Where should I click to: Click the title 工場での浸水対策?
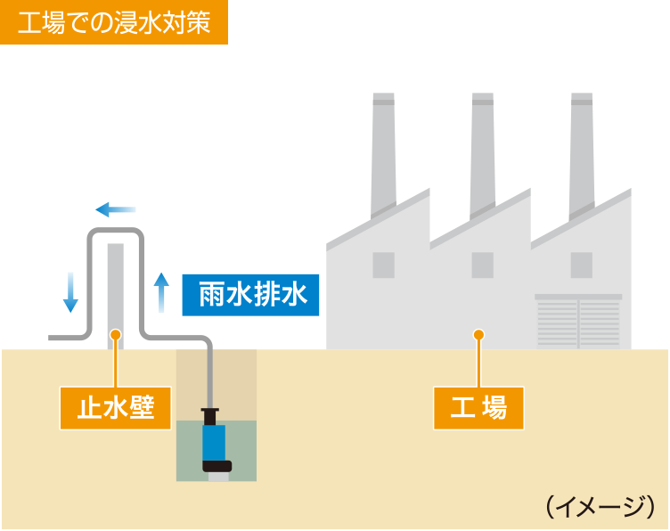click(x=114, y=22)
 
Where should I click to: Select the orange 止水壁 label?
click(x=116, y=407)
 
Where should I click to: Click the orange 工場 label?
click(x=478, y=407)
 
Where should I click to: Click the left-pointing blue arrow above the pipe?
click(x=115, y=210)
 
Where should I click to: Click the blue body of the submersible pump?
click(x=214, y=442)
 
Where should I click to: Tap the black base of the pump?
click(x=217, y=465)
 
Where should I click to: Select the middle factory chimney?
click(x=483, y=151)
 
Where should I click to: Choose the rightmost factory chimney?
click(x=582, y=151)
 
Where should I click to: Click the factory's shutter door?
click(x=578, y=323)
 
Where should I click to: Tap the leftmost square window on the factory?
click(x=383, y=264)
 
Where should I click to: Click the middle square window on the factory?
click(x=483, y=264)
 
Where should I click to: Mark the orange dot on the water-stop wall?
click(x=115, y=335)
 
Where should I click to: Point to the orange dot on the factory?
click(x=478, y=335)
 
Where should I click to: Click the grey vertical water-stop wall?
click(x=115, y=285)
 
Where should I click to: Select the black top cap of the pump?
click(x=210, y=413)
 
